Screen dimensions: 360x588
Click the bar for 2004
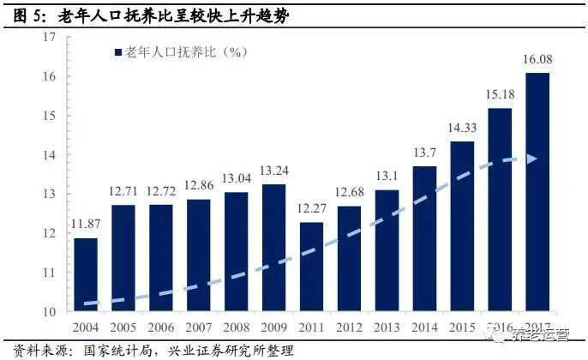[86, 274]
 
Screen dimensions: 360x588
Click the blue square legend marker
[119, 52]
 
